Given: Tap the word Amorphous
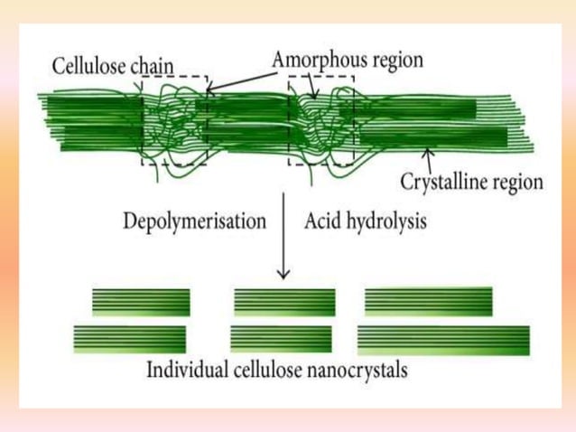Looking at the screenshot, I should [x=316, y=60].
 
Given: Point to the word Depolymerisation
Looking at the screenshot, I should [x=195, y=221].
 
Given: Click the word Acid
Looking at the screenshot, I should [x=322, y=221].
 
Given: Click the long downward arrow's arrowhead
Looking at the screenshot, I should [x=283, y=273].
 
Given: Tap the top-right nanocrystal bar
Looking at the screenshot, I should [x=428, y=300].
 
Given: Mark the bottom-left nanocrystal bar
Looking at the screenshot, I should [x=130, y=339].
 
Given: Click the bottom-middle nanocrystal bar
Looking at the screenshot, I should [x=282, y=339].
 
